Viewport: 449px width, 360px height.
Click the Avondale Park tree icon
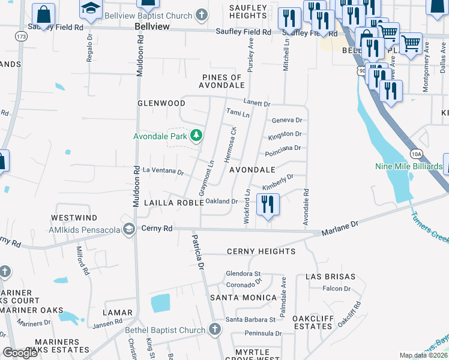(x=196, y=136)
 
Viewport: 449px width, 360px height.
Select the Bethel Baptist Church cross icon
(x=215, y=329)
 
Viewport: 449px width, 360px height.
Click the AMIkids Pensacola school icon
(x=128, y=229)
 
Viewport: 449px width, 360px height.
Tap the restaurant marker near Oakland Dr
(x=268, y=204)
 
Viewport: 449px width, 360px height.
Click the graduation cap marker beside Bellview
(x=91, y=8)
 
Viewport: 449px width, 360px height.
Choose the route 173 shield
(x=22, y=37)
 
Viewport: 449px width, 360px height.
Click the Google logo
(x=20, y=352)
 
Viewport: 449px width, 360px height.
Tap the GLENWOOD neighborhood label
(x=161, y=103)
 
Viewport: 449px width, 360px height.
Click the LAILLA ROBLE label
(x=170, y=203)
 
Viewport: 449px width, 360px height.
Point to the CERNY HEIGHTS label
(x=261, y=251)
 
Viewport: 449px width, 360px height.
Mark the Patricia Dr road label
(x=197, y=253)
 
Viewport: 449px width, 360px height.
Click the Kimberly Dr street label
(x=277, y=180)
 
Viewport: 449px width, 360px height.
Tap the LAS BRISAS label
(x=328, y=277)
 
